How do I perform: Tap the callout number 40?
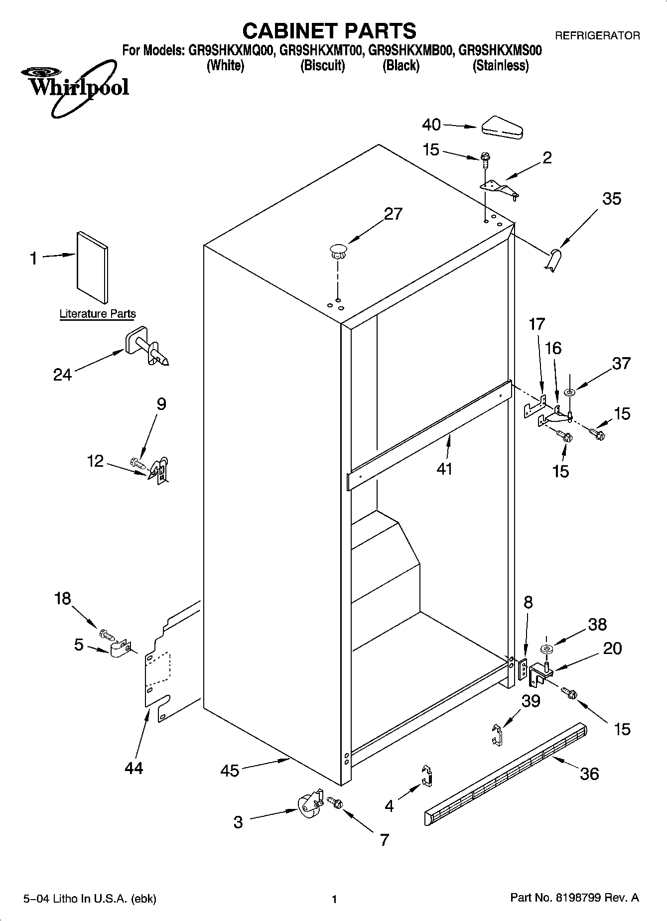click(x=431, y=125)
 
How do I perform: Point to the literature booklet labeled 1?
click(x=92, y=267)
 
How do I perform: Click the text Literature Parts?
click(x=98, y=314)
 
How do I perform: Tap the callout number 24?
click(x=63, y=374)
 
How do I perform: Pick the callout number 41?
click(x=444, y=469)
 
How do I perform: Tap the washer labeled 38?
click(x=546, y=649)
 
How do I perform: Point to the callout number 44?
click(x=134, y=768)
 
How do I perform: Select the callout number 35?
click(x=612, y=199)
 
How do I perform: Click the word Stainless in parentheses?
click(x=500, y=66)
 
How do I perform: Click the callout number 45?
click(x=230, y=771)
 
